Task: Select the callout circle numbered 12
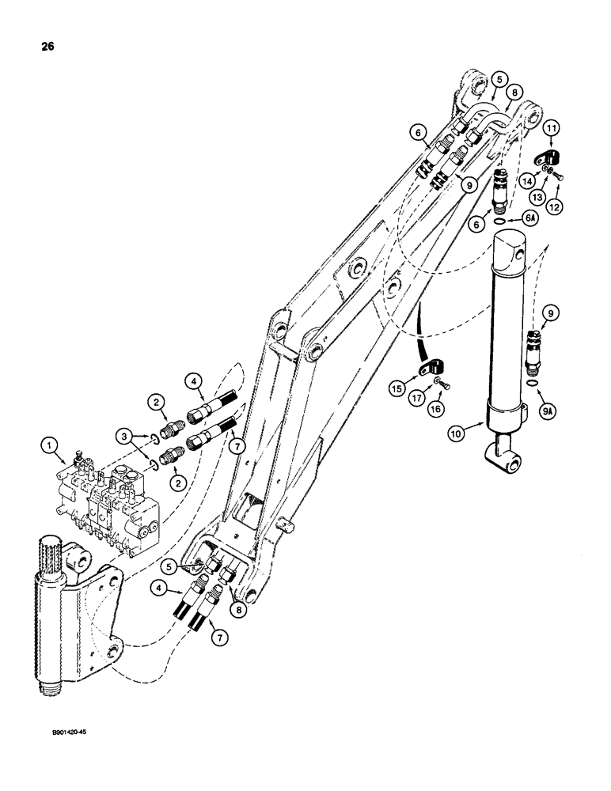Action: point(555,206)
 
